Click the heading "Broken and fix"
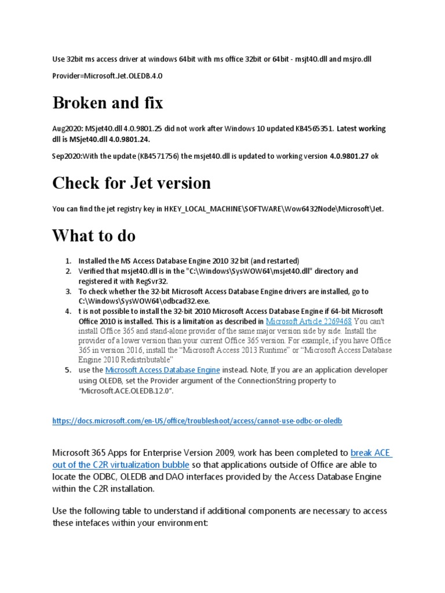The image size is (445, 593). tap(108, 103)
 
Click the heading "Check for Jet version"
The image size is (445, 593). tap(132, 183)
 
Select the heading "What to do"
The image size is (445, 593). tap(94, 236)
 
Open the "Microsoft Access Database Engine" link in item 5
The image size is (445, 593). tap(162, 370)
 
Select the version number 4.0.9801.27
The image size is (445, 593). tap(349, 156)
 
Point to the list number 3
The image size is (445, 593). tap(67, 291)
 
